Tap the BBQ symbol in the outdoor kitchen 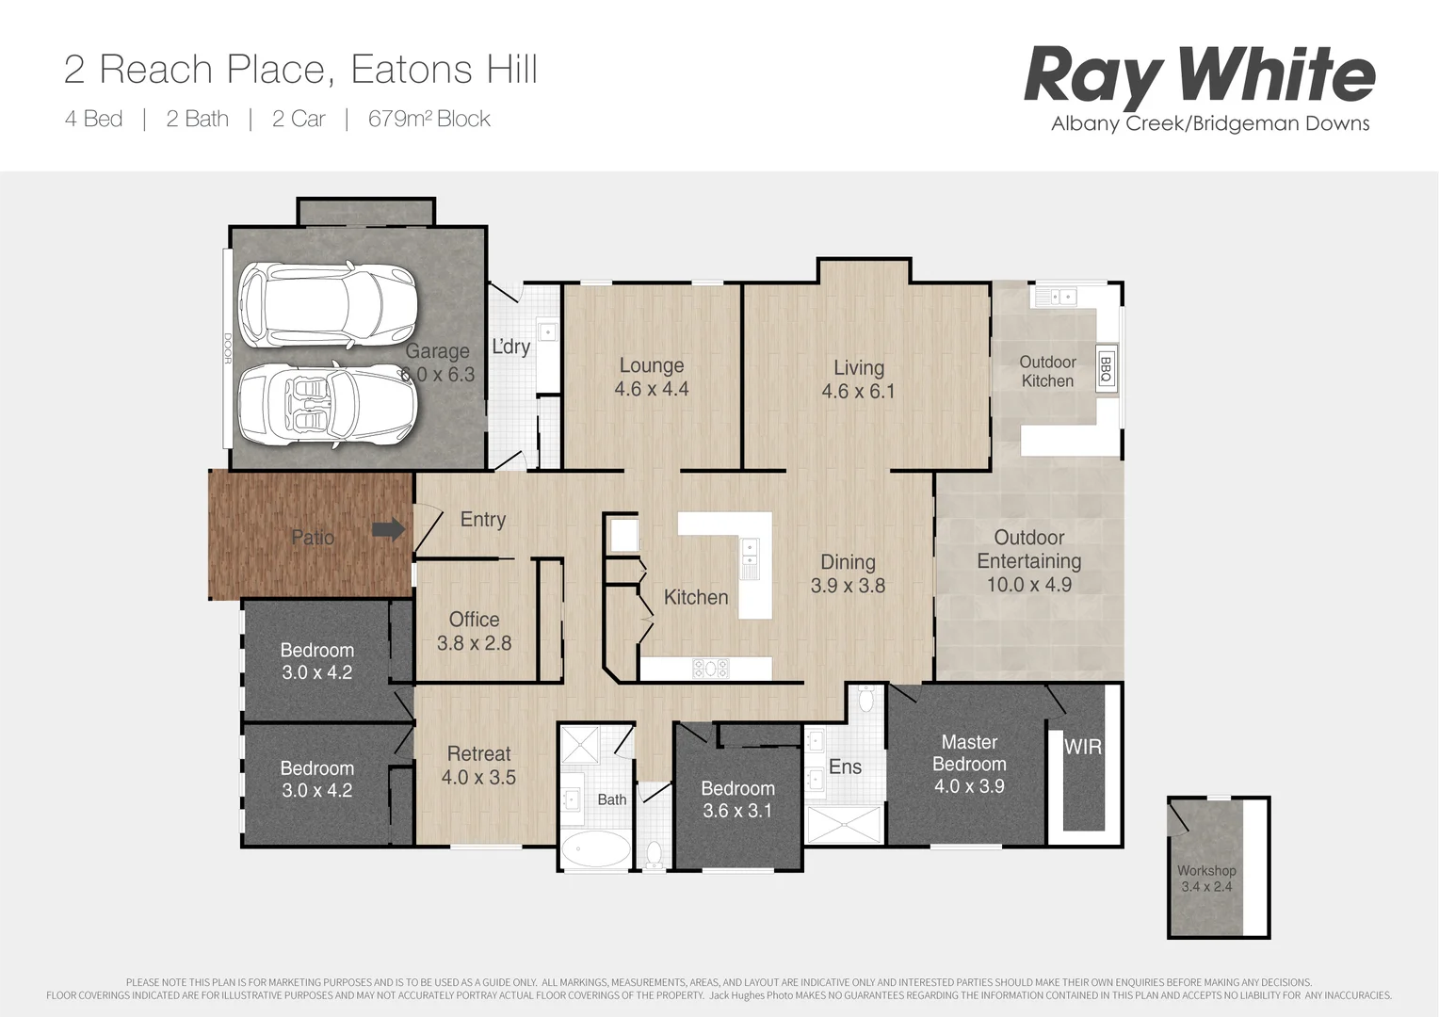(1106, 370)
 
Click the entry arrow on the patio (388, 530)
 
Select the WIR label (1082, 747)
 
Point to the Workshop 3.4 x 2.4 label (1206, 879)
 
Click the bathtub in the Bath (595, 848)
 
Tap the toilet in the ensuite (866, 700)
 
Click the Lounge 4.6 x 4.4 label (652, 377)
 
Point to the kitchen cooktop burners (710, 669)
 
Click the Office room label (474, 631)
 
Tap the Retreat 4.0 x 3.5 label (478, 766)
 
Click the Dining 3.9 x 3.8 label (848, 573)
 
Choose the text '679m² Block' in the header (428, 119)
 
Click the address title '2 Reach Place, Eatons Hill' (300, 70)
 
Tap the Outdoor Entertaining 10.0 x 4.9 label (1028, 560)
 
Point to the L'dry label (511, 347)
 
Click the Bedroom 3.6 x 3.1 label (737, 799)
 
